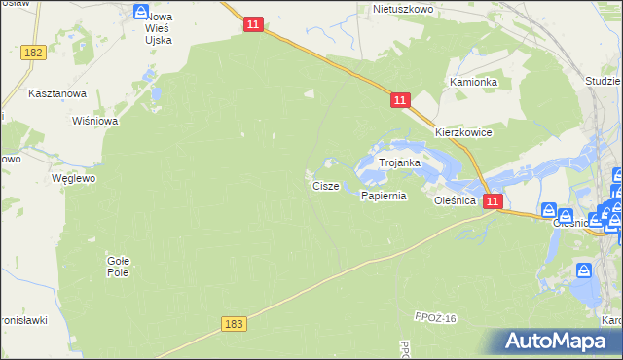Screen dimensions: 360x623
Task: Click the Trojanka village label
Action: tap(399, 163)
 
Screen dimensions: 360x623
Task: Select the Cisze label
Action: tap(325, 185)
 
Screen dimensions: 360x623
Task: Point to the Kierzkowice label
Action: tap(463, 132)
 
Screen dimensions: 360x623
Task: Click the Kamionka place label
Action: tap(473, 83)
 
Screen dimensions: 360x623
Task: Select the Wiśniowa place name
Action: tap(95, 122)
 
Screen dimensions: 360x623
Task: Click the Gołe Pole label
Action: tap(118, 266)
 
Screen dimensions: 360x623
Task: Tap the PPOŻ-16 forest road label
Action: tap(434, 319)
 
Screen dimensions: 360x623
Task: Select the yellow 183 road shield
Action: tap(232, 323)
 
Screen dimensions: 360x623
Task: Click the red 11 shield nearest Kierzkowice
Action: tap(401, 100)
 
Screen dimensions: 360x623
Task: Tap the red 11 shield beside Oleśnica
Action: tap(493, 201)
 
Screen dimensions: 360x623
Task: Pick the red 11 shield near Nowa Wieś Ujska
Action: tap(252, 26)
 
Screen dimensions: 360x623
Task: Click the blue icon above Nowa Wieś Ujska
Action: tap(142, 12)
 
